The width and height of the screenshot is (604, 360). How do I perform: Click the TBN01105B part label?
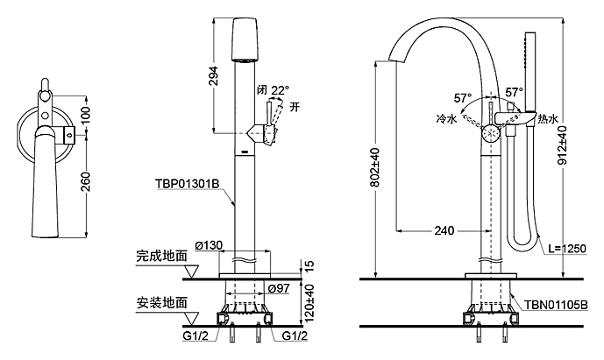point(558,304)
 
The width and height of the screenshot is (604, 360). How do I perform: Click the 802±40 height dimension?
point(374,167)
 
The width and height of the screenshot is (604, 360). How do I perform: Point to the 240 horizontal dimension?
point(444,231)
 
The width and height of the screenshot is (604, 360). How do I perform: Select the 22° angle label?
point(278,89)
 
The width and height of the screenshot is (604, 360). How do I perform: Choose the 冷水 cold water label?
point(445,118)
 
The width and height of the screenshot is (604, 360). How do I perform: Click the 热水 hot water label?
point(548,118)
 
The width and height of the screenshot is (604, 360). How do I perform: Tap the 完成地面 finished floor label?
point(161,258)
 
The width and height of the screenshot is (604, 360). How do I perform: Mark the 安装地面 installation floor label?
point(161,303)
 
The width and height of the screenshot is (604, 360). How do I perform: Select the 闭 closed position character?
point(260,89)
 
